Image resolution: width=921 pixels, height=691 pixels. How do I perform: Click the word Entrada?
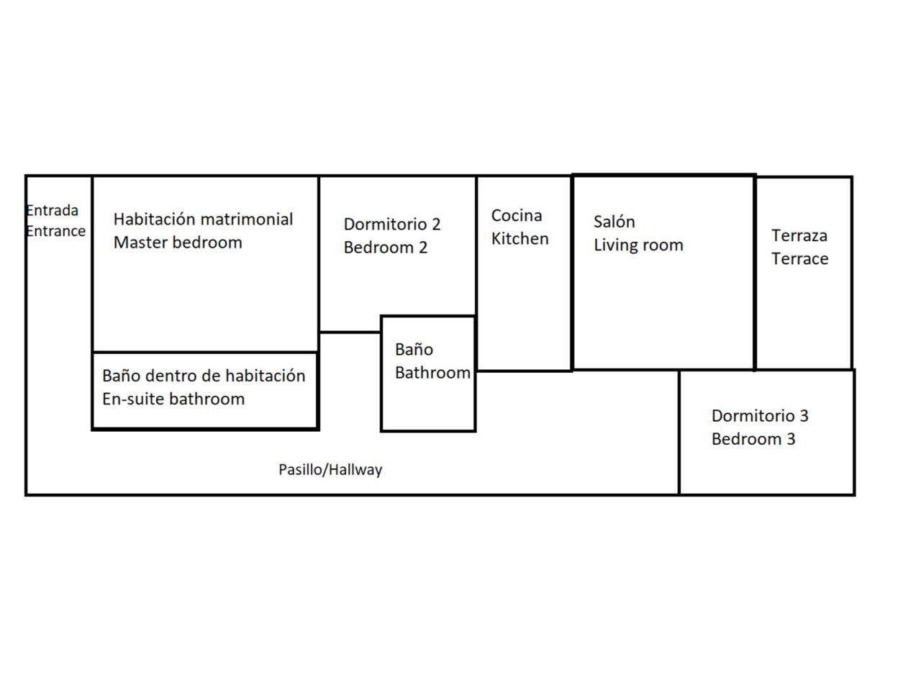tap(53, 211)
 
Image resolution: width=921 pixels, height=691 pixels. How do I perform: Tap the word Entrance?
tap(56, 231)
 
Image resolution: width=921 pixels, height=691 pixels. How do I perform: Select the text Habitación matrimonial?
tap(203, 219)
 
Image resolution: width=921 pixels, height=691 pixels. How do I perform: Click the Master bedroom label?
tap(178, 243)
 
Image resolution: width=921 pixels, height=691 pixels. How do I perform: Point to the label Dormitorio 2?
tap(392, 225)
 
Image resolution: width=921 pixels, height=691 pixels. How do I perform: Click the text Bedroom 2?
tap(386, 248)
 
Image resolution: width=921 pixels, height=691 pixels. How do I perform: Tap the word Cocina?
tap(517, 216)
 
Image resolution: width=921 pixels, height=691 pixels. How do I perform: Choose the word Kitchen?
tap(520, 239)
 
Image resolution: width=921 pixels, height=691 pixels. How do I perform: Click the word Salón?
tap(614, 222)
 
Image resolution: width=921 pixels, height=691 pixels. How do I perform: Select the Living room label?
tap(638, 245)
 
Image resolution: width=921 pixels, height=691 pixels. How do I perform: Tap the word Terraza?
tap(799, 235)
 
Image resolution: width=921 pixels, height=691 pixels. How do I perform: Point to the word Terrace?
tap(800, 259)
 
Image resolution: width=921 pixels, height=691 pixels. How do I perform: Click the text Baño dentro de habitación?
tap(204, 376)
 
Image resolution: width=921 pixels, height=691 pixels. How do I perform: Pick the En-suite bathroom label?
tap(173, 399)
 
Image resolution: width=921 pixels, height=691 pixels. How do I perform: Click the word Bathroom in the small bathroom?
tap(432, 373)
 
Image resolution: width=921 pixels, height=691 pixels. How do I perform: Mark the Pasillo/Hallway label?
tap(330, 470)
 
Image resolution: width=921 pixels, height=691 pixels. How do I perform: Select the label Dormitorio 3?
tap(760, 416)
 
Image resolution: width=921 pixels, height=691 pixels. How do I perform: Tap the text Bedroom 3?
tap(753, 439)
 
